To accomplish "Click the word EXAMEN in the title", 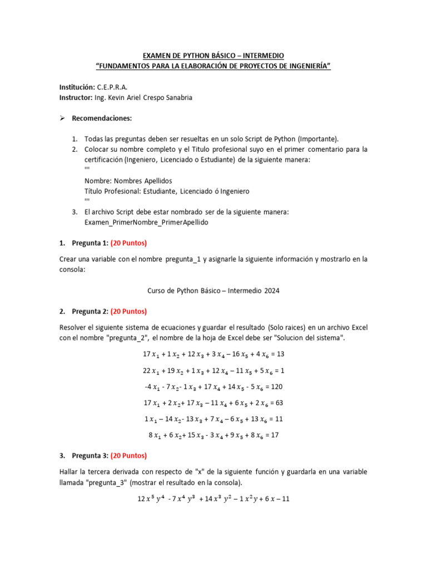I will (x=157, y=56).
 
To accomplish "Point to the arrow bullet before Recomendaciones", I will (x=63, y=118).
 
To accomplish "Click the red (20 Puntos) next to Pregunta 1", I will (x=128, y=243).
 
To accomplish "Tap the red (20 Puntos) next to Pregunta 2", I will (x=128, y=311).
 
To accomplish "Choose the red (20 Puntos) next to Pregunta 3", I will (x=128, y=456).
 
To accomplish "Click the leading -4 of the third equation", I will (x=147, y=386).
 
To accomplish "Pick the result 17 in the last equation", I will (x=274, y=435).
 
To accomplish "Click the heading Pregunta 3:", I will (x=90, y=456).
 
